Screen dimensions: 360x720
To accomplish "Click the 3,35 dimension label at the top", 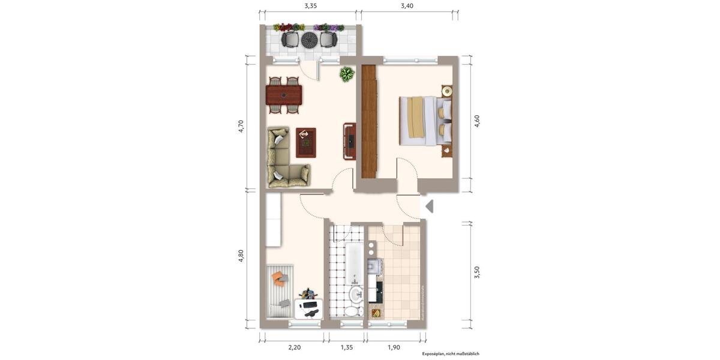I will point(310,6).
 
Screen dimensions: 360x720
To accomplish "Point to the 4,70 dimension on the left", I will point(241,126).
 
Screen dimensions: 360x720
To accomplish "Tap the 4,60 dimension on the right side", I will point(477,121).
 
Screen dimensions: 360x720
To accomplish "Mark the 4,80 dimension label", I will point(241,256).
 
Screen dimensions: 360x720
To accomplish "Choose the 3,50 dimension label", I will point(477,272).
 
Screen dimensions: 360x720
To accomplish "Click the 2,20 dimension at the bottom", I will point(294,347).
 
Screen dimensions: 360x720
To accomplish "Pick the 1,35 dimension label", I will point(347,347).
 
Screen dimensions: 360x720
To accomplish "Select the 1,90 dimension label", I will point(394,347).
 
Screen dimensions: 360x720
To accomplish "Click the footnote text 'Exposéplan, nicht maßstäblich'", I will point(450,354).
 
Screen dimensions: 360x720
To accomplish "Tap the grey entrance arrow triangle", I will point(429,206).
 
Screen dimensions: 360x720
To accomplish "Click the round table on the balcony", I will point(309,40).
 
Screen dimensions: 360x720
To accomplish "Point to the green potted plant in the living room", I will point(347,74).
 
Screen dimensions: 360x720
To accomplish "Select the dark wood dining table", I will point(284,95).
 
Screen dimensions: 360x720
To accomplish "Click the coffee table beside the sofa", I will point(306,142).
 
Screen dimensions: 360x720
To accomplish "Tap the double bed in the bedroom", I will point(425,121).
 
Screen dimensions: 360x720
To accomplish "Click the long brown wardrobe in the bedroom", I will point(369,121).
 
